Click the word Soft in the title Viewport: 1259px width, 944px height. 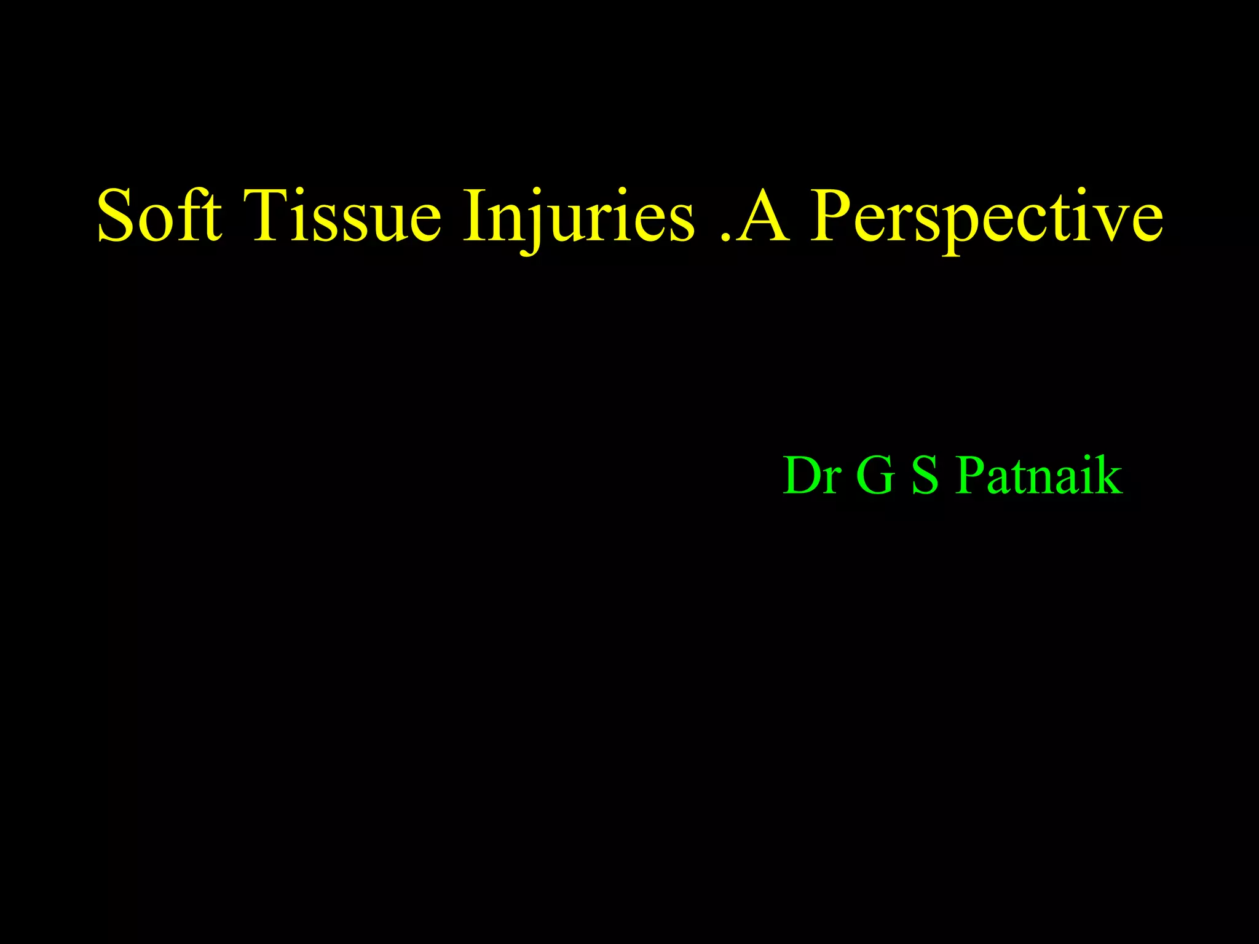[x=159, y=216]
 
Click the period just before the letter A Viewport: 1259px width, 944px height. [x=725, y=237]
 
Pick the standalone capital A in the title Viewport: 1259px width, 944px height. [x=762, y=216]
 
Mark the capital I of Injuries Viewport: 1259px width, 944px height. [x=472, y=216]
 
